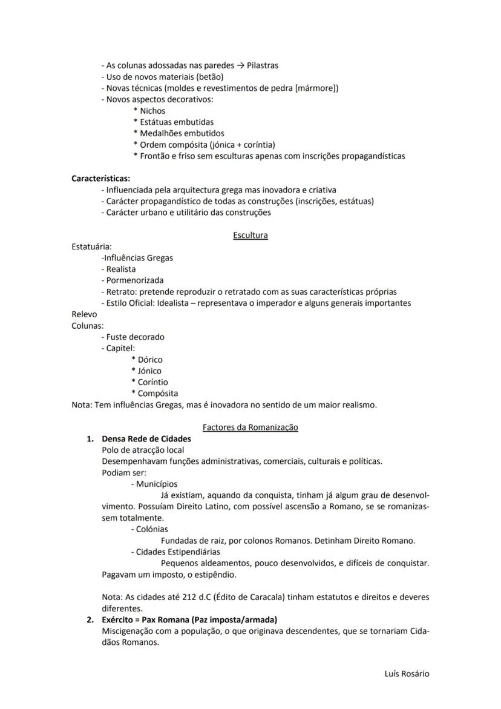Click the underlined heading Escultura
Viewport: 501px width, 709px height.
click(250, 235)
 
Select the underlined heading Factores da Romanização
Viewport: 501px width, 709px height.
click(250, 427)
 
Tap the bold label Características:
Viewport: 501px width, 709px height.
click(100, 179)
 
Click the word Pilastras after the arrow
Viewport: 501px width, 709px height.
click(263, 65)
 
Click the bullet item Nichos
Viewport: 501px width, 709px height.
click(152, 111)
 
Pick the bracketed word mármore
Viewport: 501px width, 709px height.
click(316, 88)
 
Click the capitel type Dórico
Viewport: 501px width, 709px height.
click(150, 359)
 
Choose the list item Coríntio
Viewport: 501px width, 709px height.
click(152, 382)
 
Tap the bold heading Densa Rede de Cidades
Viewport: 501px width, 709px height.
click(146, 438)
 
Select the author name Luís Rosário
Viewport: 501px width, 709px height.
click(407, 673)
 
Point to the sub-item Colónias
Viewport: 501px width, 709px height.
click(152, 529)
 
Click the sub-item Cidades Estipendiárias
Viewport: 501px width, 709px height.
click(178, 552)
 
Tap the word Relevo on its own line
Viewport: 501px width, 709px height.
click(84, 314)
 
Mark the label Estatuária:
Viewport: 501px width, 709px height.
click(91, 246)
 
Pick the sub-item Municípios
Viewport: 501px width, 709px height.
click(157, 484)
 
